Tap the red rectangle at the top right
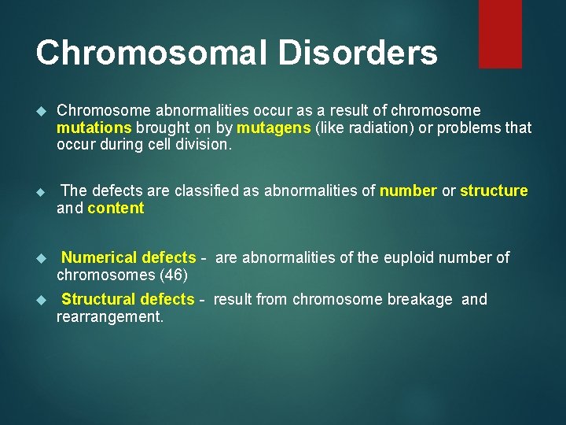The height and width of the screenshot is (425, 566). (500, 33)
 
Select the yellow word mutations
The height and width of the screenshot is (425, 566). (94, 128)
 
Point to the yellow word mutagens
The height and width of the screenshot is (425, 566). (274, 128)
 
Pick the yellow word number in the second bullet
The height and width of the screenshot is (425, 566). (408, 190)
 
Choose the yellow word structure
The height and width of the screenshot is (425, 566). (494, 190)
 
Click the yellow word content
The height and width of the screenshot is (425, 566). (116, 208)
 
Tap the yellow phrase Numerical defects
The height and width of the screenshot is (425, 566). (128, 257)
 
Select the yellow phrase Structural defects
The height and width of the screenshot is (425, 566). (127, 299)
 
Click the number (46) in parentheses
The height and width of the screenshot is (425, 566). (173, 275)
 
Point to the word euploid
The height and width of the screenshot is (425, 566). (407, 257)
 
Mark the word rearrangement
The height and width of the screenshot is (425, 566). (109, 316)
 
